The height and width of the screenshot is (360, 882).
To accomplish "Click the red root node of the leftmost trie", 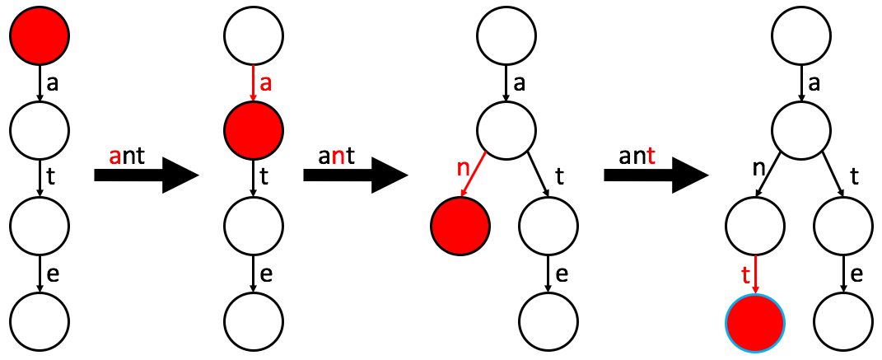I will point(40,35).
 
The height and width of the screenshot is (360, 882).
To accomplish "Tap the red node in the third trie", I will point(460,224).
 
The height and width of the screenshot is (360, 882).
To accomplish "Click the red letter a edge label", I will point(265,84).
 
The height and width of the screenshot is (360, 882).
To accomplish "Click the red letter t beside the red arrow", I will point(746,274).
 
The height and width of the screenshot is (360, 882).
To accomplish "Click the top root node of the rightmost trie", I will point(800,35).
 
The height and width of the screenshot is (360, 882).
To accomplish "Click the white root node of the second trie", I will point(254,35).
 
